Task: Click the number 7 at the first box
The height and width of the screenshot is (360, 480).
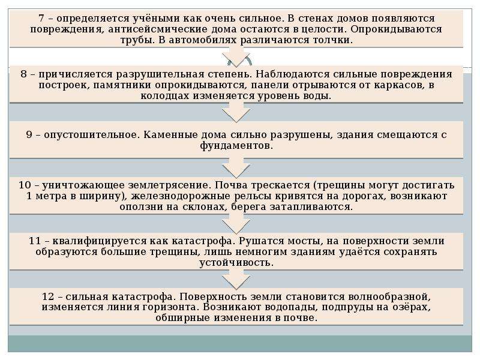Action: (42, 19)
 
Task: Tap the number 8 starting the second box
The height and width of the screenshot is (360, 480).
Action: (23, 74)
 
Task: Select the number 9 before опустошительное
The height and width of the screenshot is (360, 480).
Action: (29, 134)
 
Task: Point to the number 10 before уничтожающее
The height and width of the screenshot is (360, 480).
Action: (25, 185)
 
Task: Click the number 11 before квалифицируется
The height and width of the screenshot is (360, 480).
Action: (35, 241)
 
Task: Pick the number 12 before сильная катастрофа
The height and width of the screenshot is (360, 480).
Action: (48, 296)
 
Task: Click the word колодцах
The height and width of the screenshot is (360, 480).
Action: (164, 96)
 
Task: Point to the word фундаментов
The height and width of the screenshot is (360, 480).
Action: (236, 146)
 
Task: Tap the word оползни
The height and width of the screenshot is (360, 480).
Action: (140, 207)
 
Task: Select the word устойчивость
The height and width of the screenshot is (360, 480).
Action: (236, 263)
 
